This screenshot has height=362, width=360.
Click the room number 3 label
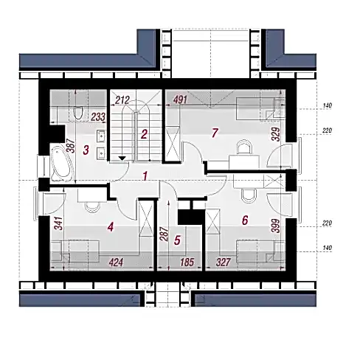coord(86,150)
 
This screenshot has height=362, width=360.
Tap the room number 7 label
coord(215,133)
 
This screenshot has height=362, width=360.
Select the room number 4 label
coord(111,227)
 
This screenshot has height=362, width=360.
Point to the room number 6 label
coord(245,220)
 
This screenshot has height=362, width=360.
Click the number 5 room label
coord(177,240)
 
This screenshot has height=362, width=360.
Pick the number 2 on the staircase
coord(144,134)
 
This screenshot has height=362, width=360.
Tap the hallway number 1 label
coord(145,176)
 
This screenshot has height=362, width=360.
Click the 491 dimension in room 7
coord(180,100)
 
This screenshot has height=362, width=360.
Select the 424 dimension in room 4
coord(116,262)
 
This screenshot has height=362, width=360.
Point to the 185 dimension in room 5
coord(187,262)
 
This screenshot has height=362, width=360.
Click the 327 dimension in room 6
coord(224,262)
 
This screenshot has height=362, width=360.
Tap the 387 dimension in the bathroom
coord(71,145)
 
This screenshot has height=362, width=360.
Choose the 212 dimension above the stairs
coord(122,100)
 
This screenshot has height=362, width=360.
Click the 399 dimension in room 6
coord(277,226)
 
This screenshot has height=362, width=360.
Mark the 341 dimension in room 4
coord(58,223)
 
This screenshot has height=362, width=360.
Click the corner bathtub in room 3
coord(61,164)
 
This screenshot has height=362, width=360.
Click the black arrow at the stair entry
coord(122,159)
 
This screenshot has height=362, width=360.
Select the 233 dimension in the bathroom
coord(98,117)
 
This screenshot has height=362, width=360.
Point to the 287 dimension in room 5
coord(165,234)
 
